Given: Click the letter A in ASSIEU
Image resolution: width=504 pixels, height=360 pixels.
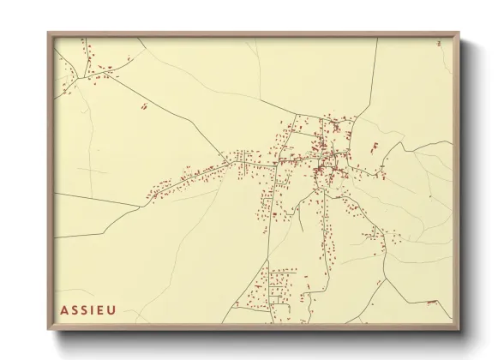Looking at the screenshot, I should point(66,310).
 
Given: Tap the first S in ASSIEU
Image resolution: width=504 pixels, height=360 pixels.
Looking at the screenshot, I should point(77,310).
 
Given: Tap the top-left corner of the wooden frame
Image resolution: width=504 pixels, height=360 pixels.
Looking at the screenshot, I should point(48,33).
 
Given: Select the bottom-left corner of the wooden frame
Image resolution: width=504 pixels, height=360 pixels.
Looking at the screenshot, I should point(48,331).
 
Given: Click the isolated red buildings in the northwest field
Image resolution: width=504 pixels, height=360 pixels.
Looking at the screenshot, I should point(144,106).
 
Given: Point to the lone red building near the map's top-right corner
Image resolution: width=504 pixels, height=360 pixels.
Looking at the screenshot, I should point(439,42).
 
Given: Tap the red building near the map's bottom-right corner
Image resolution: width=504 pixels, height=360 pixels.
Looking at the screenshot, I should point(433,303).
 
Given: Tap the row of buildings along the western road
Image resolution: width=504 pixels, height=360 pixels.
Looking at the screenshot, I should point(184,180).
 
